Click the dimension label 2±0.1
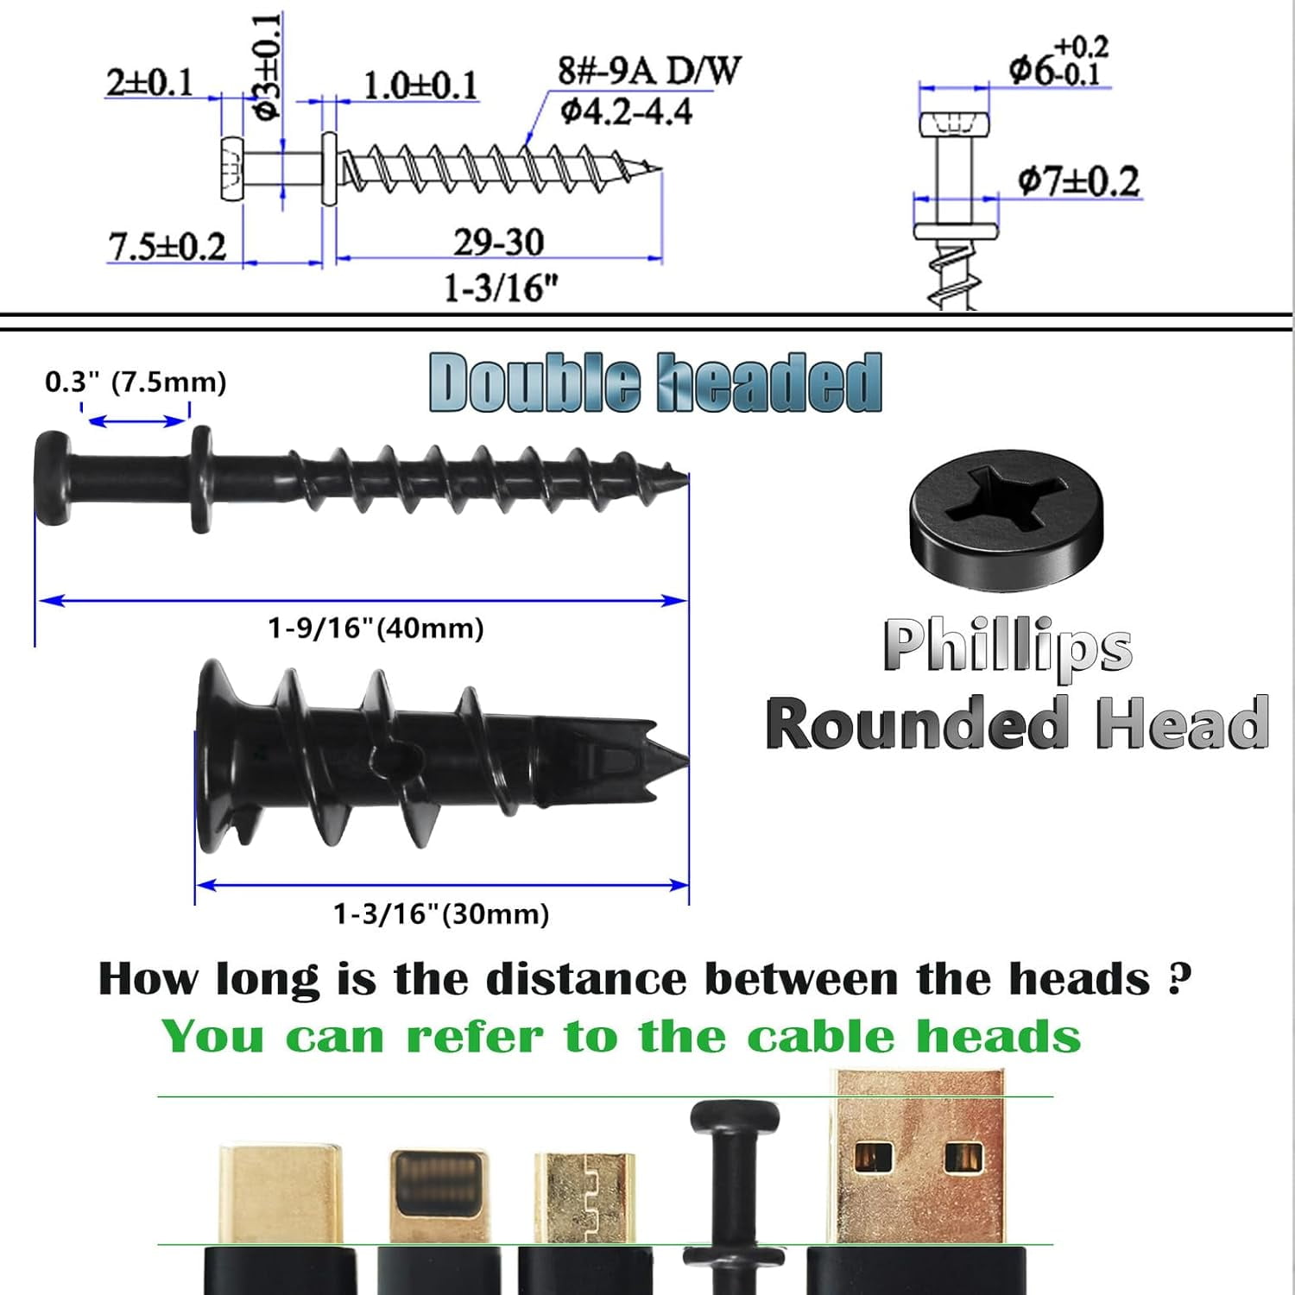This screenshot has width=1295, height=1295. click(x=149, y=83)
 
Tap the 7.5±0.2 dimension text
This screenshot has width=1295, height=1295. click(x=167, y=247)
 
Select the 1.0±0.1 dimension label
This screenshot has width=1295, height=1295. click(x=420, y=85)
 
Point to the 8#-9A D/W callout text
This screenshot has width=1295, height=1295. click(x=648, y=70)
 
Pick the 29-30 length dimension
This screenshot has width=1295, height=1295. click(x=499, y=243)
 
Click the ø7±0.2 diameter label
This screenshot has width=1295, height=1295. click(x=1078, y=181)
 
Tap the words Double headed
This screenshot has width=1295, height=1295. click(x=655, y=382)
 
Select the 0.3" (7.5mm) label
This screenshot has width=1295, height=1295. click(x=136, y=382)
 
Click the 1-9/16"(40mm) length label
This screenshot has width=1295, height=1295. click(x=376, y=628)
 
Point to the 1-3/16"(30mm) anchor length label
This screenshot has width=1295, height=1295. click(x=441, y=913)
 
